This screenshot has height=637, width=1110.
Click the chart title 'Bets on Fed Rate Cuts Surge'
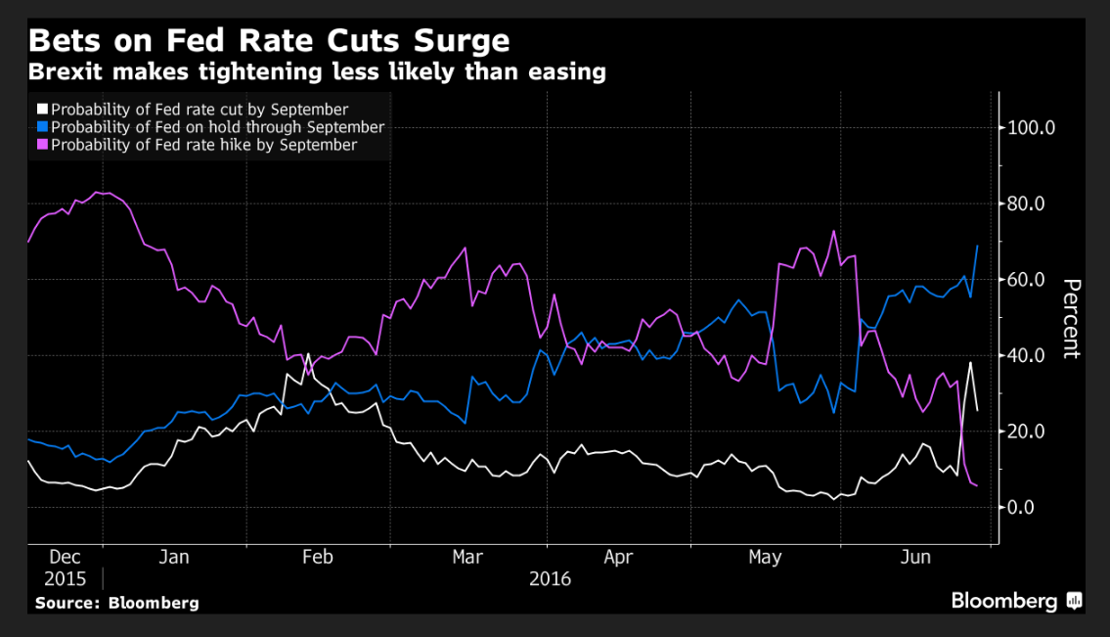coord(269,41)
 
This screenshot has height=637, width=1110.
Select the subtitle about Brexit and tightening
coord(317,72)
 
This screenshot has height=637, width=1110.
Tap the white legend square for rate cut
coord(42,110)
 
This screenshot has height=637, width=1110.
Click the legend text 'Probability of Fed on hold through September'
coord(217,127)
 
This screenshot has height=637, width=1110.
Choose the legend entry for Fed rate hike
coord(203,145)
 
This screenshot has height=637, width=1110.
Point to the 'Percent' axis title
coord(1072,319)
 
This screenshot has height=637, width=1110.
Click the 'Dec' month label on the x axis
coord(64,558)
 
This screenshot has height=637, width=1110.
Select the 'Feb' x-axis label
coord(318,558)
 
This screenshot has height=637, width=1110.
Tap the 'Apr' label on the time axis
coord(618,558)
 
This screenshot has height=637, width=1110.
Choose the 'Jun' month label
coord(914,558)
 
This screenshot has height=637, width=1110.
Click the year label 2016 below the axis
coord(550,578)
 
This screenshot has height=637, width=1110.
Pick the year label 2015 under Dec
coord(65,578)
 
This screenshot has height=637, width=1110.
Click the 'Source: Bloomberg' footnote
coord(116,603)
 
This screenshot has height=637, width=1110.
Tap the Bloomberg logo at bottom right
coord(1016,601)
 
